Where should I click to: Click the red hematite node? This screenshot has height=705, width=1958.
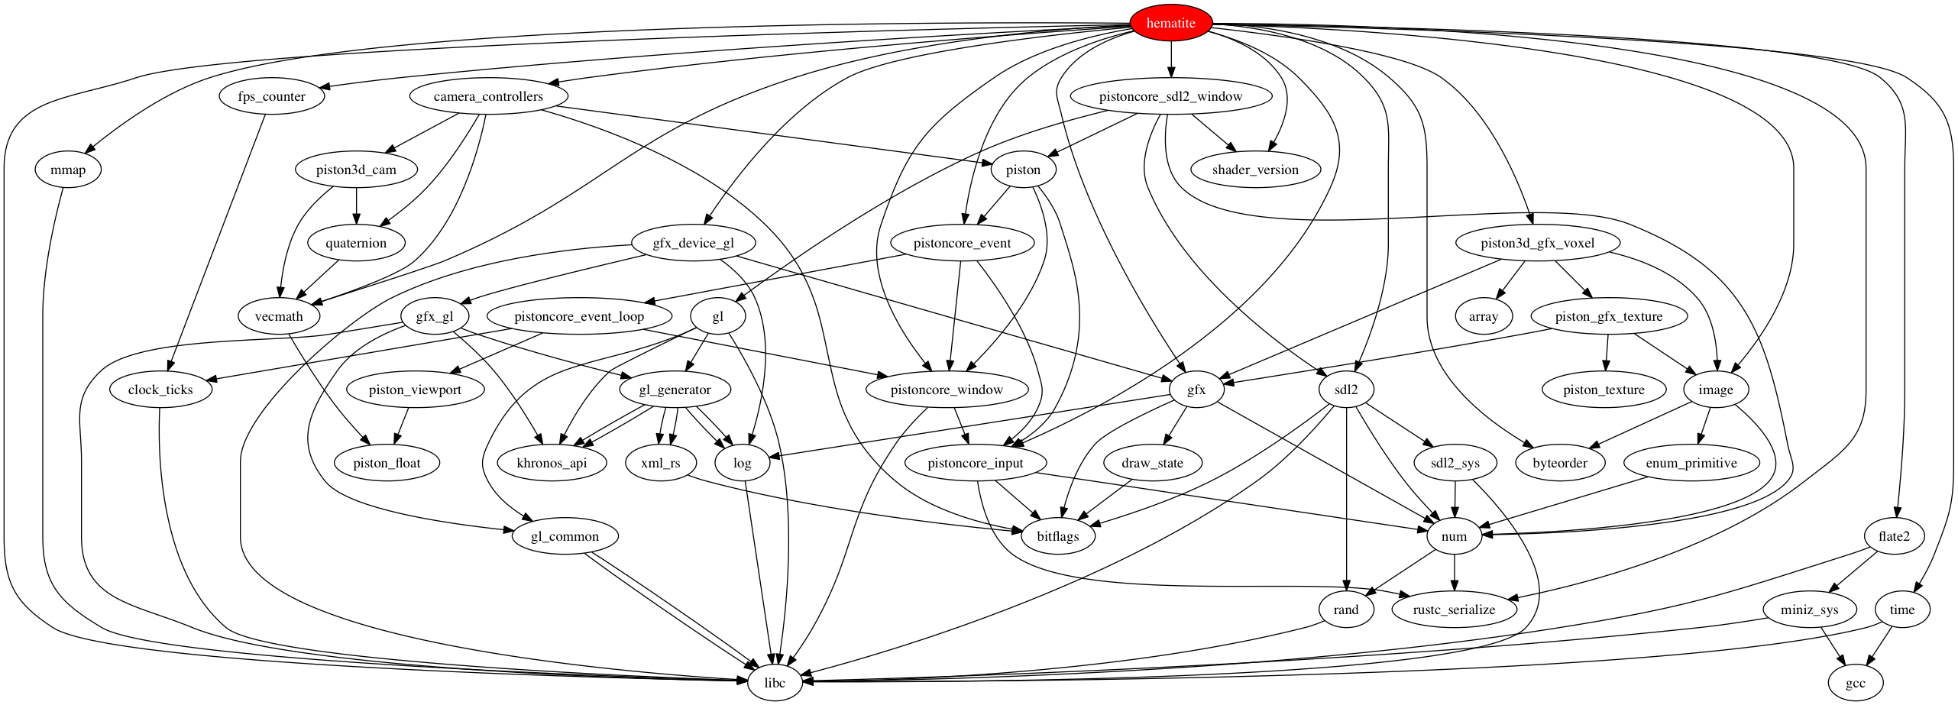pyautogui.click(x=1170, y=23)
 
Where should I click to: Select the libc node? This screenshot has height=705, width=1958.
pyautogui.click(x=774, y=682)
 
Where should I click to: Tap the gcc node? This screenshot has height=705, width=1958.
pyautogui.click(x=1855, y=683)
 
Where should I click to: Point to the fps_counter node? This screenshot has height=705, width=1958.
pyautogui.click(x=271, y=96)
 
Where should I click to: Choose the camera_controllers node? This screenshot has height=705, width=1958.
pyautogui.click(x=488, y=96)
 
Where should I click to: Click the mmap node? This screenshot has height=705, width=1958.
pyautogui.click(x=68, y=170)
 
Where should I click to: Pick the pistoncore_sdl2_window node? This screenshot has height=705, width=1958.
pyautogui.click(x=1170, y=96)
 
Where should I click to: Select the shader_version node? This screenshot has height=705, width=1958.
pyautogui.click(x=1254, y=170)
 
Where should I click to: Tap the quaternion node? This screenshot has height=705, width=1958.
pyautogui.click(x=356, y=243)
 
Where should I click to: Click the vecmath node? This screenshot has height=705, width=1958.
pyautogui.click(x=279, y=316)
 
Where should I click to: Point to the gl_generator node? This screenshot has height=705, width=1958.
pyautogui.click(x=675, y=390)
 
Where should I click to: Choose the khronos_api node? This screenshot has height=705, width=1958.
pyautogui.click(x=552, y=463)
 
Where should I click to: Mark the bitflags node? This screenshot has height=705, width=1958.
pyautogui.click(x=1057, y=536)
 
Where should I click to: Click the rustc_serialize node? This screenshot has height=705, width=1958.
pyautogui.click(x=1454, y=610)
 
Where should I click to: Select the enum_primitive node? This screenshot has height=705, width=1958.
pyautogui.click(x=1691, y=463)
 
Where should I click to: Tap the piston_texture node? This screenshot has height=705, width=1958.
pyautogui.click(x=1604, y=390)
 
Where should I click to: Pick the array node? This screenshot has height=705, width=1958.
pyautogui.click(x=1483, y=316)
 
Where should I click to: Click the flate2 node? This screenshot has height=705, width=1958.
pyautogui.click(x=1894, y=536)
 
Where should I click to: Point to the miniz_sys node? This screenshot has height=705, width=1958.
pyautogui.click(x=1808, y=610)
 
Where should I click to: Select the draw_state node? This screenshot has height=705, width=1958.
pyautogui.click(x=1152, y=463)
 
